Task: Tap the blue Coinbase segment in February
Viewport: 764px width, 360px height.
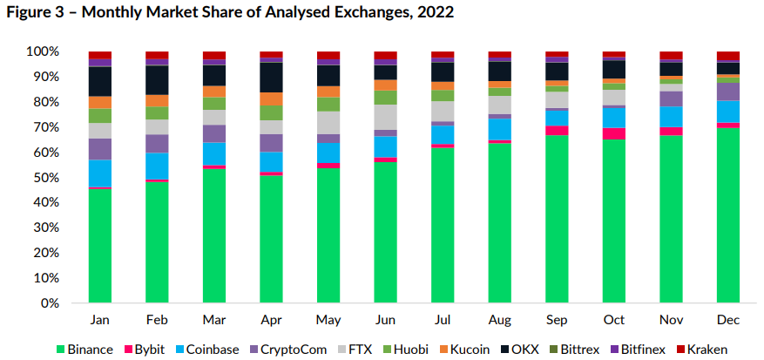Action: click(x=157, y=166)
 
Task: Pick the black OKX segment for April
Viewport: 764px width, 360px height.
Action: click(x=271, y=78)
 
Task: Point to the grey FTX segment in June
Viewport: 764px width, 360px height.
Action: click(x=385, y=117)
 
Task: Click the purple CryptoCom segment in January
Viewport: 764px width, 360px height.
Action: click(x=99, y=149)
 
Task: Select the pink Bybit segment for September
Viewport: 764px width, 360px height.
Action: click(x=557, y=131)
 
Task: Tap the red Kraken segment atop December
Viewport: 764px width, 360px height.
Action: click(x=728, y=56)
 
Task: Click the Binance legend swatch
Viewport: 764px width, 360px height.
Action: click(x=60, y=350)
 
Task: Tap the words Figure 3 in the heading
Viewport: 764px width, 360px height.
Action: click(x=35, y=13)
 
